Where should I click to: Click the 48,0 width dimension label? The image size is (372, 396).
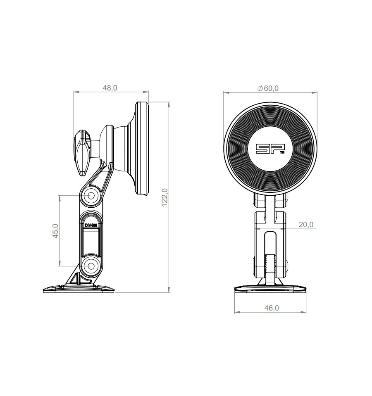(x=110, y=88)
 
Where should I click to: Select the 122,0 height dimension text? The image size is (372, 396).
(x=165, y=197)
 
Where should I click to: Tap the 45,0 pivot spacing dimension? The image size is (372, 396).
(x=56, y=231)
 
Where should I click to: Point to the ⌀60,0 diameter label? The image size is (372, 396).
(x=268, y=88)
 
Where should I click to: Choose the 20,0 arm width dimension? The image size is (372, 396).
(x=306, y=225)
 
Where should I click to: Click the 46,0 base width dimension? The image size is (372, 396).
(x=272, y=308)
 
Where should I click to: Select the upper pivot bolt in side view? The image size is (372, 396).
(x=91, y=195)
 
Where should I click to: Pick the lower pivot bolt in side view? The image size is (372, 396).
(x=91, y=266)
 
